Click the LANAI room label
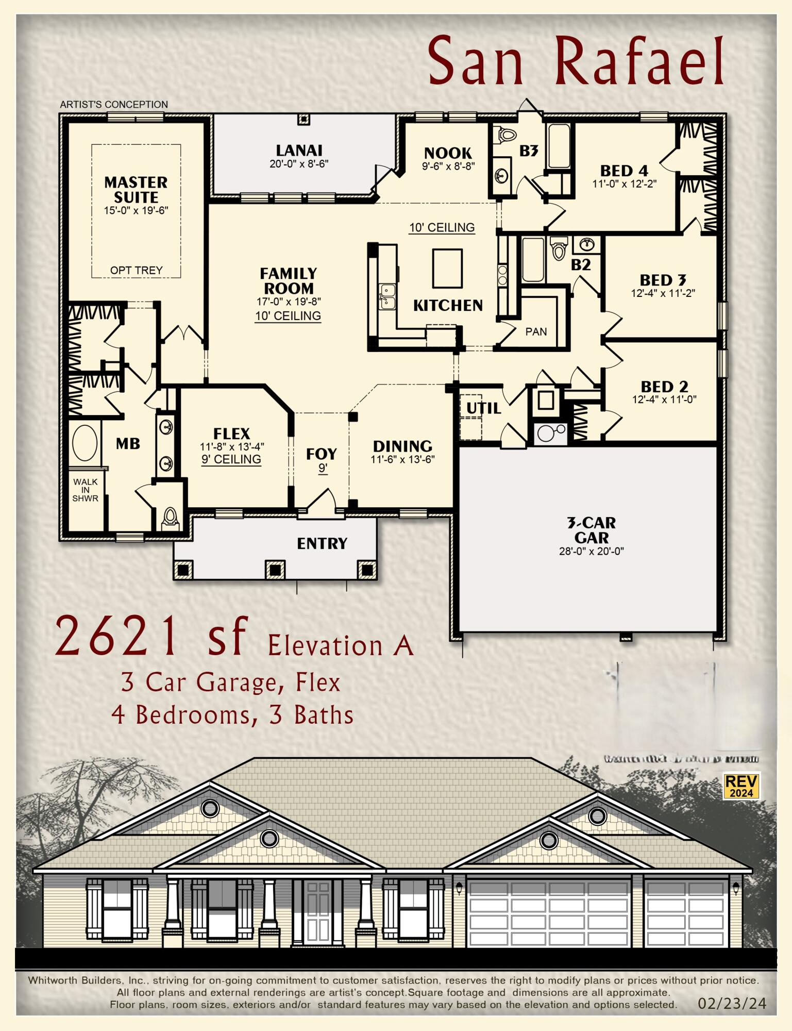coord(299,151)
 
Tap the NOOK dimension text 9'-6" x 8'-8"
coord(448,166)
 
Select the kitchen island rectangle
coord(447,268)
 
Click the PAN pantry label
coord(536,332)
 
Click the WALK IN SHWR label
coord(85,490)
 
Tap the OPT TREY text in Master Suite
coord(136,270)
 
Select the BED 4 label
coord(624,171)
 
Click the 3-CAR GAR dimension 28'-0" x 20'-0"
coord(591,551)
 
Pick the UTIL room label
coord(483,408)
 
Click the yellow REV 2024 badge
coord(741,786)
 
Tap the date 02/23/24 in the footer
coord(732,1004)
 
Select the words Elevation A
coord(340,646)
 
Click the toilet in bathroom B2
coord(559,249)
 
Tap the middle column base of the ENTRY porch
coord(275,570)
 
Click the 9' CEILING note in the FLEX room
coord(231,459)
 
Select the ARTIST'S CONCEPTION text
coord(114,104)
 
